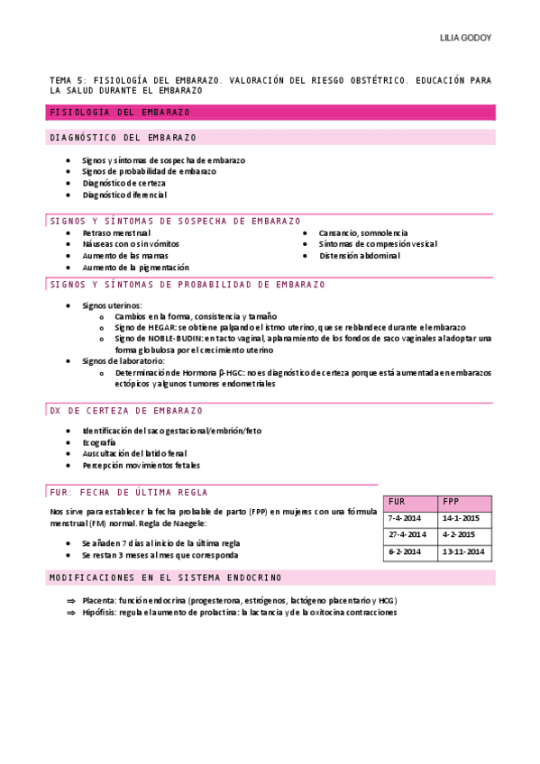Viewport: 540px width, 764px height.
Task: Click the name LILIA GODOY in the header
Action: click(x=465, y=39)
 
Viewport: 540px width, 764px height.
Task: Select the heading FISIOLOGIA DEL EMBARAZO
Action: click(x=120, y=113)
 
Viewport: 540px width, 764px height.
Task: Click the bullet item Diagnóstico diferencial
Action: click(x=124, y=195)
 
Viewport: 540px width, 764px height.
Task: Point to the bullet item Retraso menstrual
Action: click(x=116, y=232)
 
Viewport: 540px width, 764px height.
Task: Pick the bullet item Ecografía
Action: click(x=99, y=442)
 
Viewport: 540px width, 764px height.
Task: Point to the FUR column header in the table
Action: click(x=398, y=501)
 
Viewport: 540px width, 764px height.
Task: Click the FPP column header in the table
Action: click(x=451, y=501)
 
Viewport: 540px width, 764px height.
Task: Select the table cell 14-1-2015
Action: click(x=461, y=519)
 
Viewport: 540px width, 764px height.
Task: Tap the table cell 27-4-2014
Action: click(x=407, y=535)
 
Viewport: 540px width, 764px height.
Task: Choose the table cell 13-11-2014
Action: click(x=463, y=551)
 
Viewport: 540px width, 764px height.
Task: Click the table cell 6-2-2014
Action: click(x=405, y=551)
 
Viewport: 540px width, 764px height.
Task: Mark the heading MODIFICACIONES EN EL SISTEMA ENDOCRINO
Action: click(x=165, y=577)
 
